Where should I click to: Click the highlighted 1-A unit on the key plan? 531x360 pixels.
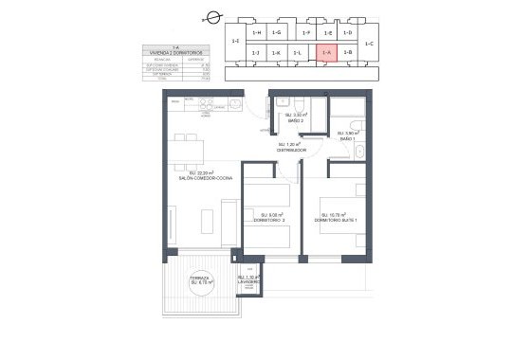point(326,53)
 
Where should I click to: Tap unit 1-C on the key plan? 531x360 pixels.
point(369,44)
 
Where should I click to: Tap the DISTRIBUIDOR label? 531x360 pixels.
point(289,150)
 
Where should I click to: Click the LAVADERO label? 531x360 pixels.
point(249,280)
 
